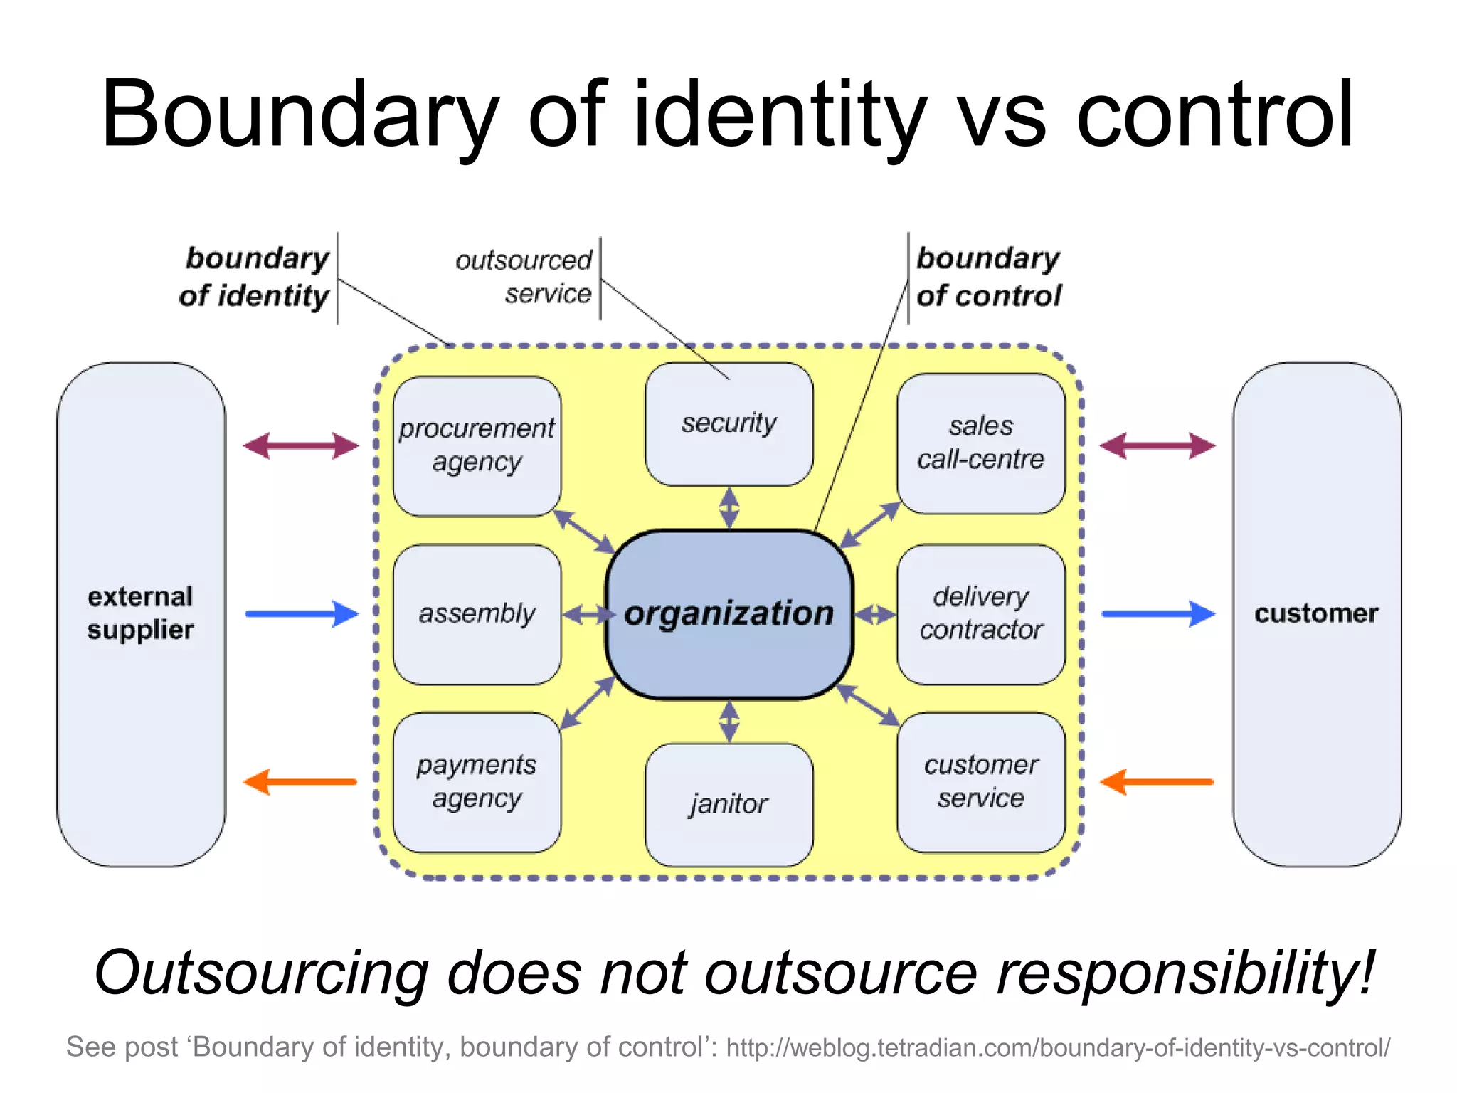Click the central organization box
(x=728, y=613)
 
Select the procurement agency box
(x=477, y=445)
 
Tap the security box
(x=728, y=424)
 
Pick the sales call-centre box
(x=980, y=443)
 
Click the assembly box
(x=477, y=613)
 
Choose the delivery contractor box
(x=980, y=613)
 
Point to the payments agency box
(x=477, y=781)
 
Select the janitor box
(x=728, y=804)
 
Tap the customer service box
(x=980, y=781)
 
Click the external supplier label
(x=140, y=613)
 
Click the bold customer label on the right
(x=1316, y=613)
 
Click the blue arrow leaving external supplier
(x=301, y=613)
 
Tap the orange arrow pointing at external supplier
(x=300, y=781)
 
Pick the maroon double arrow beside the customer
(x=1157, y=446)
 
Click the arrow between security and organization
(x=728, y=507)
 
